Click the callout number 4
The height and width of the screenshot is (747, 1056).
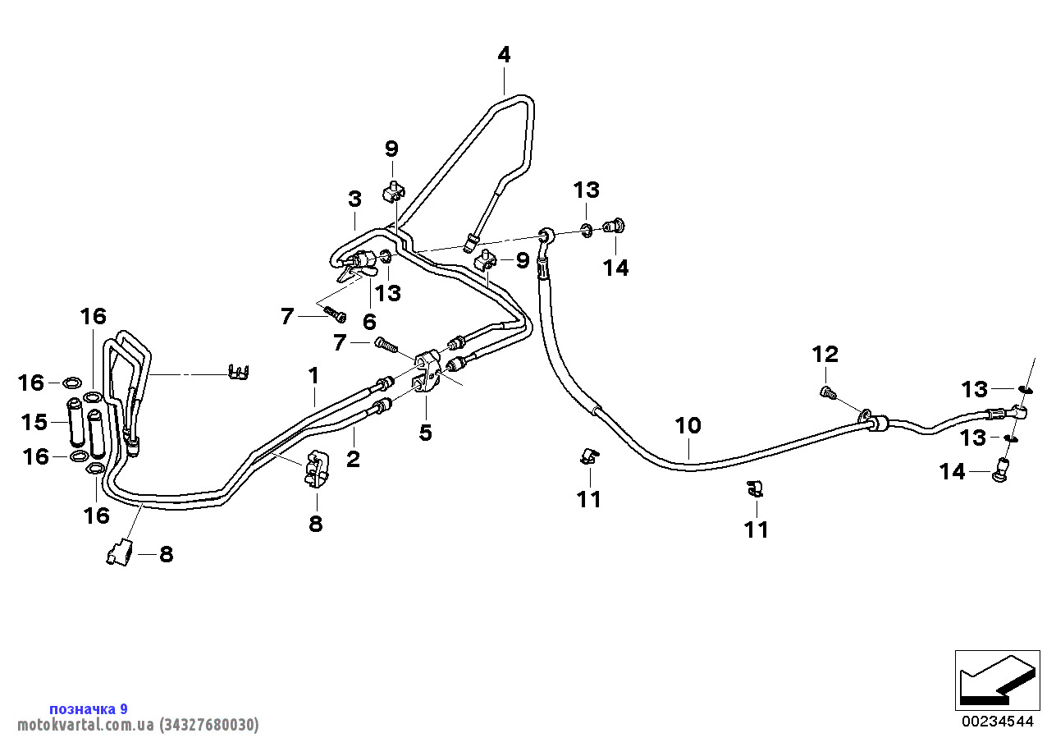[x=504, y=55]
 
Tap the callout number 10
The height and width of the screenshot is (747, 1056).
[x=688, y=425]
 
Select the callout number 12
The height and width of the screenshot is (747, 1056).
[x=825, y=355]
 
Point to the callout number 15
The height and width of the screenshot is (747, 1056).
[x=34, y=422]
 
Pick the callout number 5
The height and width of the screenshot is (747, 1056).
[x=425, y=433]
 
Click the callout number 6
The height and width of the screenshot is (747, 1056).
[x=369, y=321]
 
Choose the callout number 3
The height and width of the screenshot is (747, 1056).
[x=354, y=199]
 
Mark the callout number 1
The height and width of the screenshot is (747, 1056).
[x=313, y=375]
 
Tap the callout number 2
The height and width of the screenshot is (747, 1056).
[x=353, y=459]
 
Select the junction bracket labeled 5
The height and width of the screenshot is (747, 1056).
[x=427, y=373]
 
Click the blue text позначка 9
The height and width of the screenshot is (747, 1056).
[x=88, y=708]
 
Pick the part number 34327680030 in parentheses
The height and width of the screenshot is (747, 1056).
[x=208, y=725]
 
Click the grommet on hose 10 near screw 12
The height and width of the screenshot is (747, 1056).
[x=877, y=423]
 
